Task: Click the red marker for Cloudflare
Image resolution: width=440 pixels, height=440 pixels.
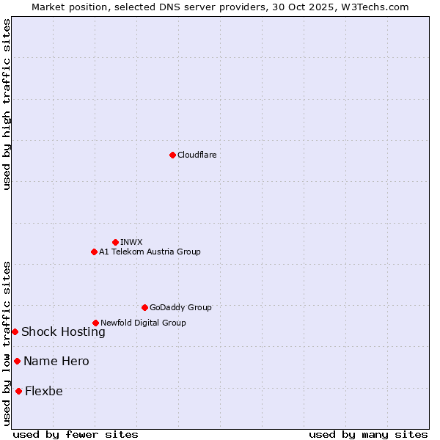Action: click(x=172, y=155)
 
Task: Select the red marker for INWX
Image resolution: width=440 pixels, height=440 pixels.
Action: click(x=115, y=242)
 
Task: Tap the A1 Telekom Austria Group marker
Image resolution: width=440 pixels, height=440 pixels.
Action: click(x=94, y=252)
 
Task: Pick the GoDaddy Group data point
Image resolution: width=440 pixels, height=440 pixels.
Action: click(x=144, y=307)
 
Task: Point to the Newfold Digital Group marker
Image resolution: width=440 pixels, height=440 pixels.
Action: click(x=95, y=323)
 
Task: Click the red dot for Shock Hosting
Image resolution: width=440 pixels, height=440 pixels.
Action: click(x=15, y=331)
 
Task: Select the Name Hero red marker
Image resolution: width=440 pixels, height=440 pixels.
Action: click(x=17, y=361)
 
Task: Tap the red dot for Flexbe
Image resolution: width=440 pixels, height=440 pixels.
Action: click(x=18, y=391)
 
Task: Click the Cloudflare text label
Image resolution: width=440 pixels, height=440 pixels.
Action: click(x=197, y=155)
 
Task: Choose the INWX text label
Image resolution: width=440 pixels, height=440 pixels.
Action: click(x=131, y=242)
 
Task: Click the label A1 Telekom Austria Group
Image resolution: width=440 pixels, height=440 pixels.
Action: click(x=150, y=252)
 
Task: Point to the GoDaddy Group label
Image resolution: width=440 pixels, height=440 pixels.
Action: click(x=180, y=307)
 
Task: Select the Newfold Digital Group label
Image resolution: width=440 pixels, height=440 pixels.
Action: click(x=143, y=323)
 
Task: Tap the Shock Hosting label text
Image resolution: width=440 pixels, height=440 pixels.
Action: click(x=63, y=331)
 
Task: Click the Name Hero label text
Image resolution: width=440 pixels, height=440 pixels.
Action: click(x=56, y=361)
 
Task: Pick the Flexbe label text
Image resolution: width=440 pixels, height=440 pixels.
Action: click(x=44, y=391)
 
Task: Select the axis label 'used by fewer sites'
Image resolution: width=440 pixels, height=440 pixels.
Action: click(x=76, y=434)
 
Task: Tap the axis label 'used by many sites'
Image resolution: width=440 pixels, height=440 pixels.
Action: click(x=368, y=434)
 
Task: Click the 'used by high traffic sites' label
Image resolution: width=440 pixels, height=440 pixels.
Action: click(x=7, y=104)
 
